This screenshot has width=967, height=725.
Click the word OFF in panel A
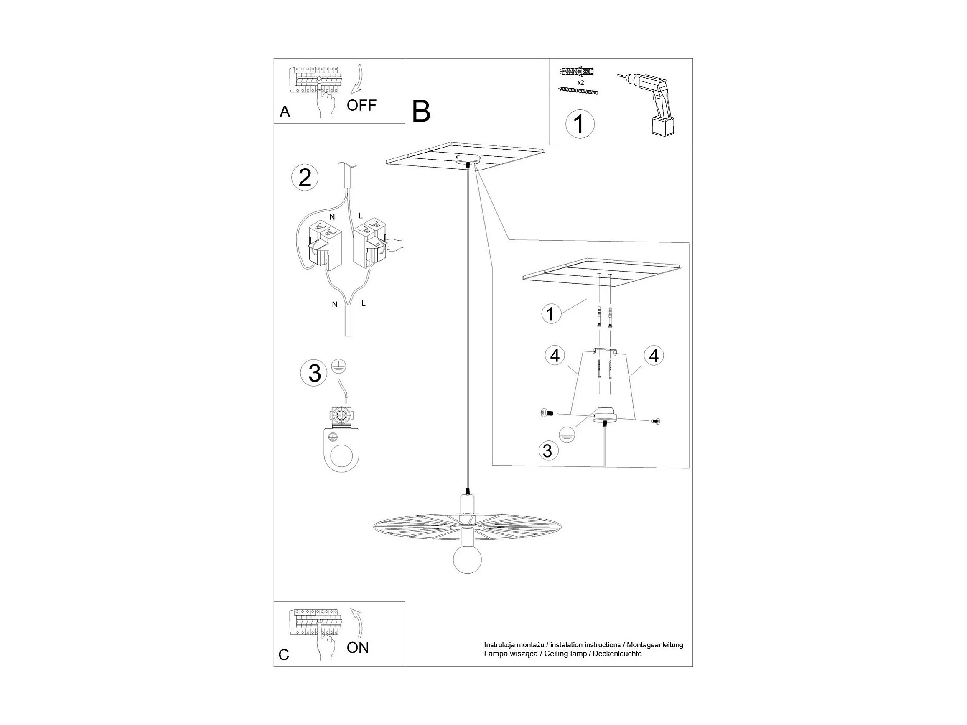tap(361, 105)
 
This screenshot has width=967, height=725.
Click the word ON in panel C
tap(358, 647)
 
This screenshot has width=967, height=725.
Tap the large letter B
tap(421, 112)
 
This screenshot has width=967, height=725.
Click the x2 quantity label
tap(580, 82)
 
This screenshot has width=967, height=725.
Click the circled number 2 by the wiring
tap(305, 178)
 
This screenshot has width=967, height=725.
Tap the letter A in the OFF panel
tap(285, 112)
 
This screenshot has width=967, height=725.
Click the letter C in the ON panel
tap(284, 655)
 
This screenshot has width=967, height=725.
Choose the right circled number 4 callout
tap(654, 356)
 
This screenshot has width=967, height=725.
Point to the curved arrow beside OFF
tap(357, 79)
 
